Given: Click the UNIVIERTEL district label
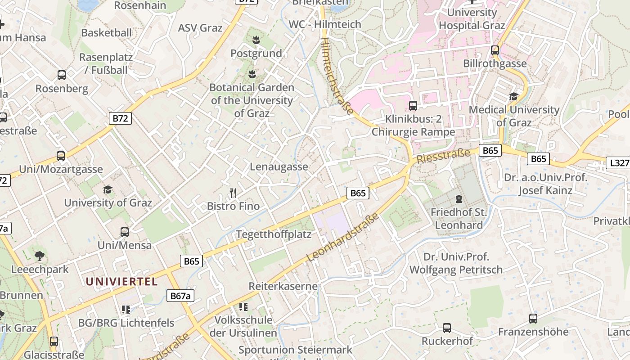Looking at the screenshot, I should pyautogui.click(x=121, y=282).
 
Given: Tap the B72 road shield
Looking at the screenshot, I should pyautogui.click(x=120, y=119).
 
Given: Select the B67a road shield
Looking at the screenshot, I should pyautogui.click(x=181, y=296).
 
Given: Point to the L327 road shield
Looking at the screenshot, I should pyautogui.click(x=619, y=163).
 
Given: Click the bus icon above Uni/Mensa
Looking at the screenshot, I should pyautogui.click(x=125, y=232).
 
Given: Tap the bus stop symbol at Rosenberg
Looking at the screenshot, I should pyautogui.click(x=62, y=75).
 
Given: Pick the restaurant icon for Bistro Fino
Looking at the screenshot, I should pyautogui.click(x=233, y=193).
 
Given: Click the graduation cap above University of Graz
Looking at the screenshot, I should pyautogui.click(x=108, y=189).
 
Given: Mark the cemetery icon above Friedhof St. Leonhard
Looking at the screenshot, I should pyautogui.click(x=459, y=198).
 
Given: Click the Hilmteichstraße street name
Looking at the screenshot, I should pyautogui.click(x=337, y=76).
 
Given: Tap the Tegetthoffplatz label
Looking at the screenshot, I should pyautogui.click(x=274, y=234).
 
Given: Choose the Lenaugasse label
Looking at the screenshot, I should pyautogui.click(x=279, y=166).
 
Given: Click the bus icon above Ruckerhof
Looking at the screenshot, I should pyautogui.click(x=447, y=328).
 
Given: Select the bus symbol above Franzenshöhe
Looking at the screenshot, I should pyautogui.click(x=533, y=319).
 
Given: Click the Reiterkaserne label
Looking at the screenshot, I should pyautogui.click(x=283, y=286).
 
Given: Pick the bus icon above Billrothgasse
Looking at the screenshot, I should pyautogui.click(x=495, y=50).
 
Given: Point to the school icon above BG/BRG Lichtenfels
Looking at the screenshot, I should pyautogui.click(x=126, y=309).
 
